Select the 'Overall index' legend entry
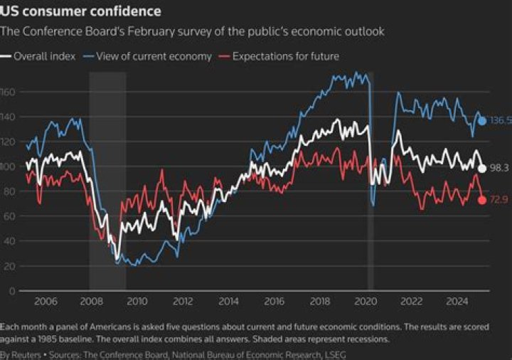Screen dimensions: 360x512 [43, 56]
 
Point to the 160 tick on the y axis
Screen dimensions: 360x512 [8, 92]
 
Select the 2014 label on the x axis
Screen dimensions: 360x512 [228, 301]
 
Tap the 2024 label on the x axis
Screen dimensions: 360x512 [457, 301]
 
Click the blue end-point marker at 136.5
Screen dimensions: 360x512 [482, 121]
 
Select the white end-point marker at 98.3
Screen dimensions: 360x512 [482, 169]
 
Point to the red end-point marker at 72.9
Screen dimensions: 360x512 [482, 200]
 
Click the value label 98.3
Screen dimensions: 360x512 [500, 169]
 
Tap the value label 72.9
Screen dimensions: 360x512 [500, 200]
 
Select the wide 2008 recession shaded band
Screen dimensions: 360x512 [107, 178]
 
